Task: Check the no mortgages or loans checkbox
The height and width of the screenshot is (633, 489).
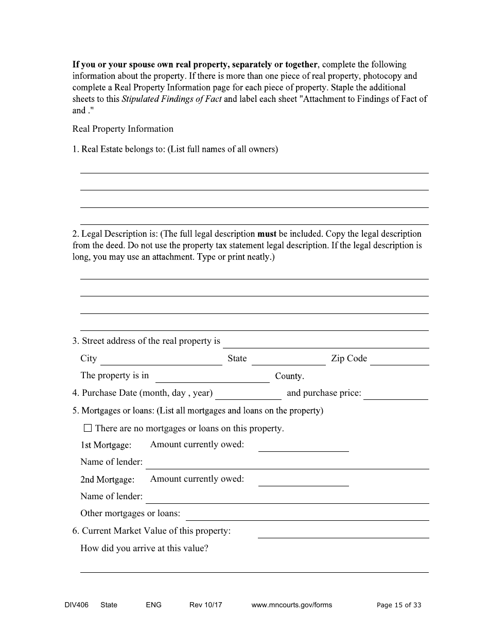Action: coord(88,428)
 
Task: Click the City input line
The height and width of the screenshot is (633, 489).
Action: coord(161,360)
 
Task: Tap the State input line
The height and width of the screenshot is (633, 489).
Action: coord(288,360)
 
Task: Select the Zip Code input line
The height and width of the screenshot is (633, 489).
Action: coord(399,360)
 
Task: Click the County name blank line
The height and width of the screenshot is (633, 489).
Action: coord(212,378)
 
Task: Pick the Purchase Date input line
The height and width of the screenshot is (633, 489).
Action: coord(248,395)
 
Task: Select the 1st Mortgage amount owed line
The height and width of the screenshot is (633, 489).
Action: coord(303,446)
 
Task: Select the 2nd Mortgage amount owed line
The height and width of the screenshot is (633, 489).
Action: coord(303,481)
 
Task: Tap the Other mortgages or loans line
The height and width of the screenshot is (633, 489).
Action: coord(307,515)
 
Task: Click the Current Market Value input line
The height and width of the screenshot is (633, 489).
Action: coord(343,533)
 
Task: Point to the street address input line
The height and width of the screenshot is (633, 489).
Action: coord(326,343)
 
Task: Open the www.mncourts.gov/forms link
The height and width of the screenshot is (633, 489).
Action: coord(291,605)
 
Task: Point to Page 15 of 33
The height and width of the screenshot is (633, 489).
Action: coord(399,605)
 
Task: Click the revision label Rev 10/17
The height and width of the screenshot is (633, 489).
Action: coord(205,605)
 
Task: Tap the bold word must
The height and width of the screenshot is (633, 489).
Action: coord(267,234)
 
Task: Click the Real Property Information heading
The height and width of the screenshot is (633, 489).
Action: coord(123,129)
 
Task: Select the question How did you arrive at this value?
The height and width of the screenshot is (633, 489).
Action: coord(144,548)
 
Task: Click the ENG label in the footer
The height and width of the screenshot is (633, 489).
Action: coord(153,605)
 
